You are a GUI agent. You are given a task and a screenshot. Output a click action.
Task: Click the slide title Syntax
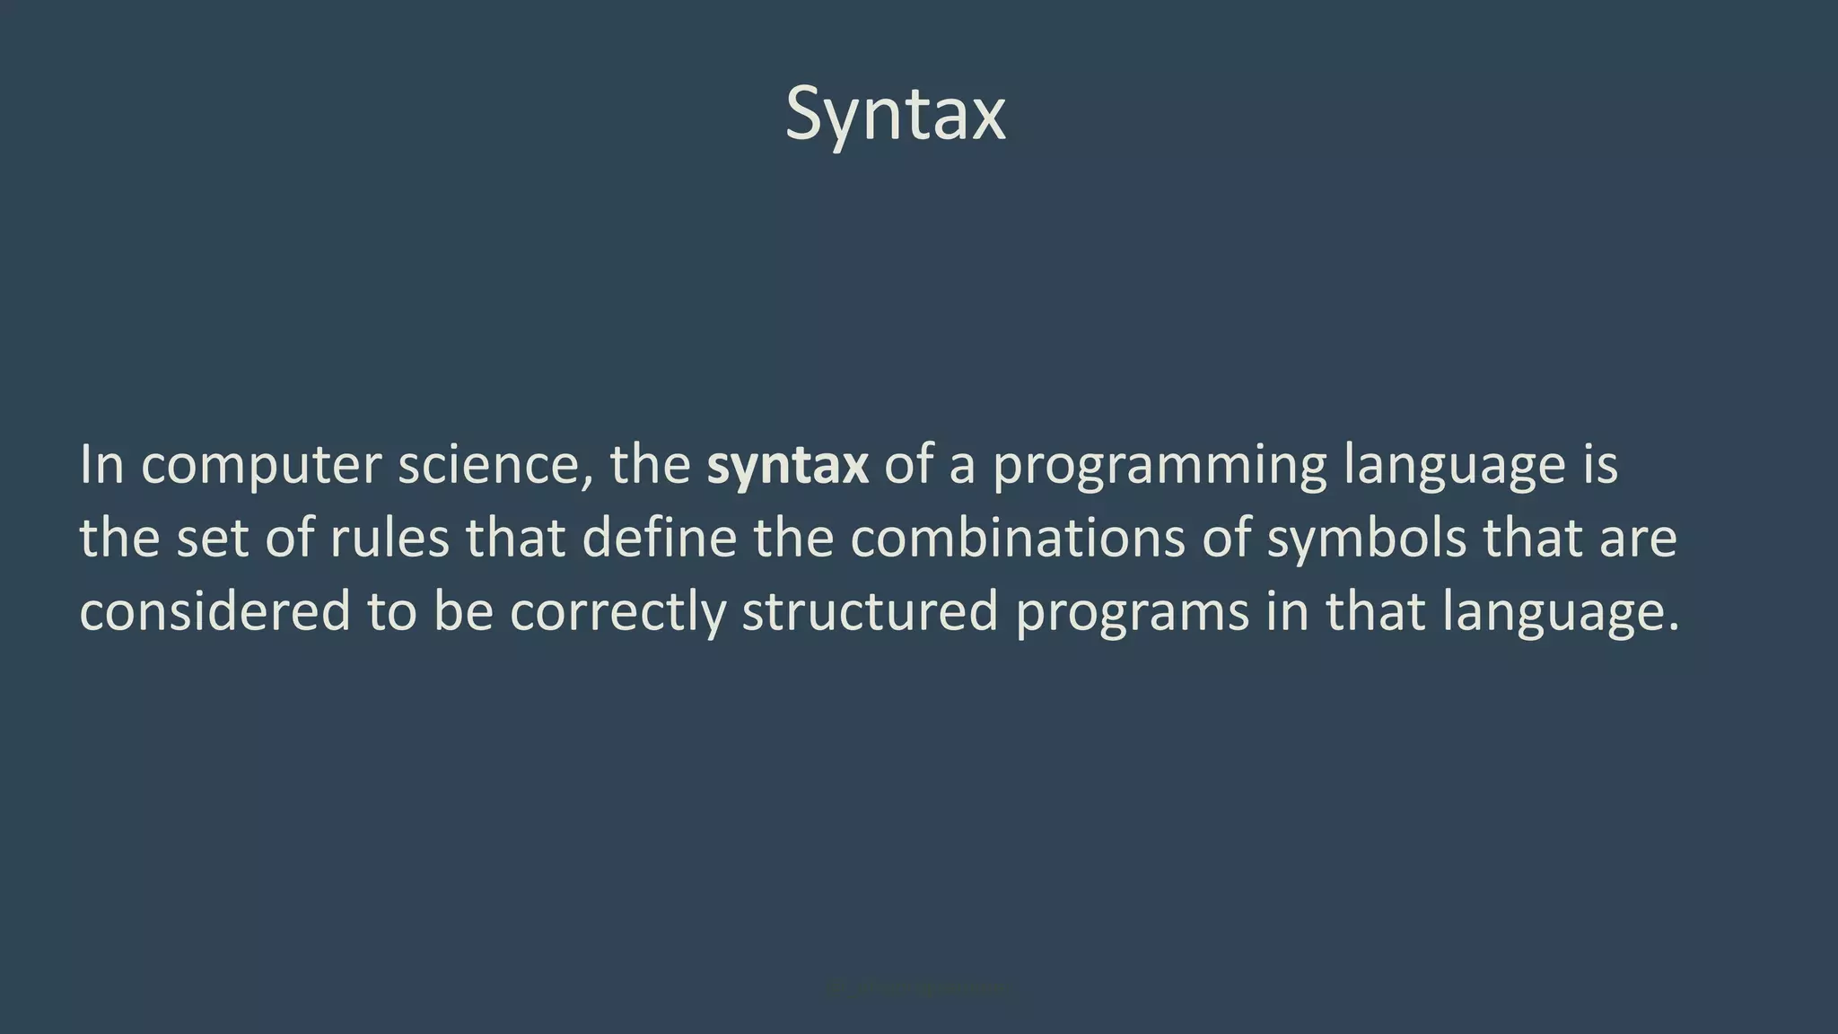click(895, 115)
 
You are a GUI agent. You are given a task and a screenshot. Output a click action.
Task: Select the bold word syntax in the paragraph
click(787, 465)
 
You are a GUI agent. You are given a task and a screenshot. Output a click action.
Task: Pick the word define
click(660, 539)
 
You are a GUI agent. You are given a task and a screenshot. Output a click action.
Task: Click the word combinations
click(1018, 539)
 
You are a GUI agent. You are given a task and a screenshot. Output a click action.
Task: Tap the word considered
click(214, 612)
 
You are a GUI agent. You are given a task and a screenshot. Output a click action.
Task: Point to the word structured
click(870, 612)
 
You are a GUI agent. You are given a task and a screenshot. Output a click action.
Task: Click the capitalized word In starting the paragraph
click(101, 465)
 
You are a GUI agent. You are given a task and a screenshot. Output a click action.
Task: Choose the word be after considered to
click(463, 612)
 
